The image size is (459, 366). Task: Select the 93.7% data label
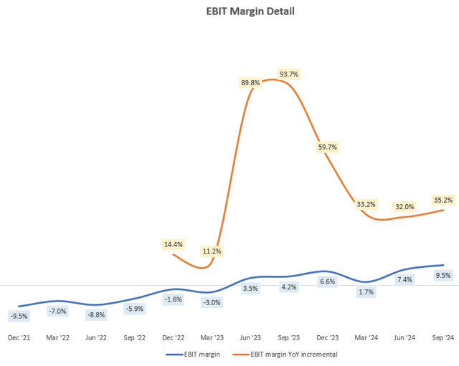click(289, 74)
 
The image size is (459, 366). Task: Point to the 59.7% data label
click(327, 147)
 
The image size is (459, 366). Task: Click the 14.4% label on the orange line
click(173, 244)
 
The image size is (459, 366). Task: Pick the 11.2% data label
click(212, 251)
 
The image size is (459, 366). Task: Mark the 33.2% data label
click(366, 204)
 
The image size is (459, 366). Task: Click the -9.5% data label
click(19, 315)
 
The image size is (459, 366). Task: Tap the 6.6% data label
click(327, 281)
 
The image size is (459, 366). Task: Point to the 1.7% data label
click(366, 292)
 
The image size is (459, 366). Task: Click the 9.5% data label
click(443, 275)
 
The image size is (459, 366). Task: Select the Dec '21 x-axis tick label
click(19, 337)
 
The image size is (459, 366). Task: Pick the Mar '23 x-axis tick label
click(212, 337)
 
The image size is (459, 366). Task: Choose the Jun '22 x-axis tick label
click(96, 337)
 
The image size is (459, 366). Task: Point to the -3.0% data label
click(212, 302)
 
